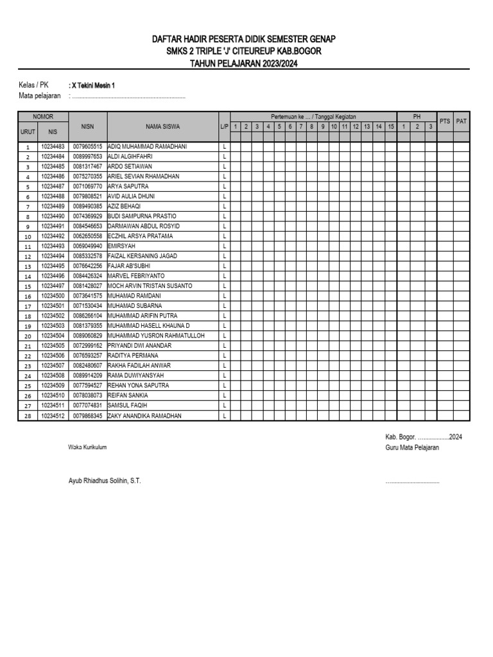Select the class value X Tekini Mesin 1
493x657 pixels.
click(94, 85)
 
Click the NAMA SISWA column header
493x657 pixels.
click(162, 126)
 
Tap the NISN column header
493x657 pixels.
click(88, 126)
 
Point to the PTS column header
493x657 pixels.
click(444, 121)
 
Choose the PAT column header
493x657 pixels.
click(461, 121)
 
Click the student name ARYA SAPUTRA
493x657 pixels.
click(128, 186)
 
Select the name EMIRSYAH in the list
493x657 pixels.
click(122, 246)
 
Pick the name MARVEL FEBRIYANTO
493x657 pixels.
click(136, 276)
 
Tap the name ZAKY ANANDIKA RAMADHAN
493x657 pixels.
click(144, 416)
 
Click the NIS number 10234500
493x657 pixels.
click(53, 296)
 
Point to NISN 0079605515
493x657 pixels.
click(88, 146)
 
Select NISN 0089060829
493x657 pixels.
click(88, 336)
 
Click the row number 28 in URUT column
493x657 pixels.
click(28, 416)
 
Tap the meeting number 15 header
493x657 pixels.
click(390, 126)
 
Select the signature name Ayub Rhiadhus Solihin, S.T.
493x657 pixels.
click(105, 481)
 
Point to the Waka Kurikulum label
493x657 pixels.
click(87, 447)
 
